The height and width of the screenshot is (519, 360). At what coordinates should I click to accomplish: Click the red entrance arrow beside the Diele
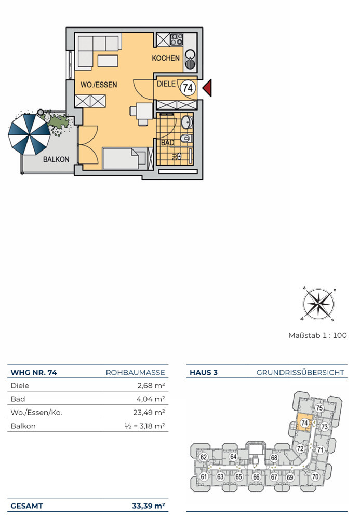207,88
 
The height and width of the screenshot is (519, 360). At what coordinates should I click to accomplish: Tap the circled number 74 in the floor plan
188,88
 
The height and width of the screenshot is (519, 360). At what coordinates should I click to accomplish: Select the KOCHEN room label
166,58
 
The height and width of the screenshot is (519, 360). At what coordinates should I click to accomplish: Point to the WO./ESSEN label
99,85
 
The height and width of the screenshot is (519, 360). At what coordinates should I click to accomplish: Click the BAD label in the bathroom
168,143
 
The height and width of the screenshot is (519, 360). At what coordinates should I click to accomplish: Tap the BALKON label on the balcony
56,159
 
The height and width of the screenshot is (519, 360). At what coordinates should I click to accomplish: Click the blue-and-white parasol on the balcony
29,134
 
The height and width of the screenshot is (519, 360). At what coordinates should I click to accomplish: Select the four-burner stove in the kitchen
177,39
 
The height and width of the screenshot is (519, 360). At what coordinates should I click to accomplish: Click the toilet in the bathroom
186,139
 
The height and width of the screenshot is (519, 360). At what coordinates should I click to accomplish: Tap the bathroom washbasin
187,122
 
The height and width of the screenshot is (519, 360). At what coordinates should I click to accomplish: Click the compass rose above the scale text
318,304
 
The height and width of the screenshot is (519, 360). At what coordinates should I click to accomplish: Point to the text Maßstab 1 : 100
317,335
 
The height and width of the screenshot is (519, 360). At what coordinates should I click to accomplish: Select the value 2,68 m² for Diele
151,385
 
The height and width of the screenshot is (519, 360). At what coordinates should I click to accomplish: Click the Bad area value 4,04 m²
151,399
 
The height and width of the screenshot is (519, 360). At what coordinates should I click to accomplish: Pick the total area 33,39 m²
149,506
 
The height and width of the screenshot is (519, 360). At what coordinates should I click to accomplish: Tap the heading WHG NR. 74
34,372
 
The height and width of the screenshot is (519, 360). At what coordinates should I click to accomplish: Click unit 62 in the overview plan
203,457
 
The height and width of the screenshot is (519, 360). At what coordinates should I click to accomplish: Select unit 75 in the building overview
319,408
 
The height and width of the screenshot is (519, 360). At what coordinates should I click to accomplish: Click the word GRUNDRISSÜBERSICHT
300,372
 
